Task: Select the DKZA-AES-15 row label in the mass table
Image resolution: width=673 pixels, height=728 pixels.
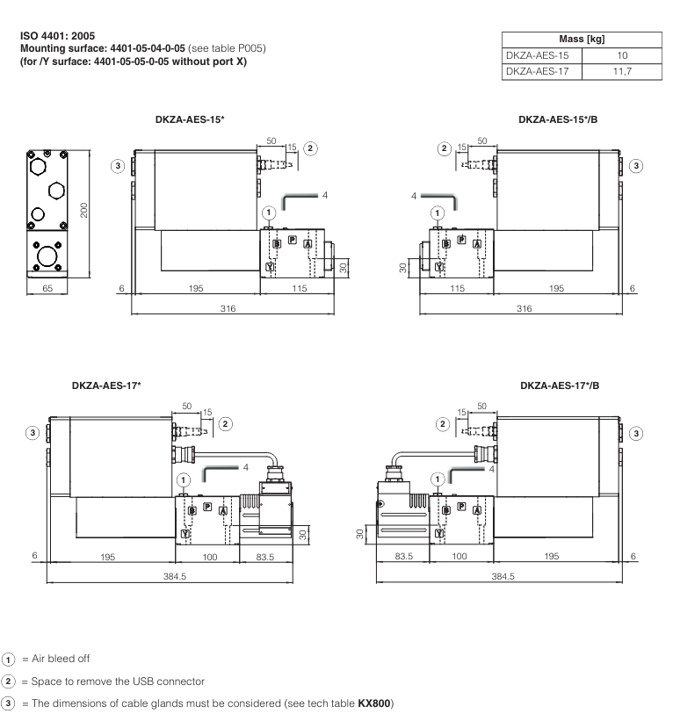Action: click(x=539, y=55)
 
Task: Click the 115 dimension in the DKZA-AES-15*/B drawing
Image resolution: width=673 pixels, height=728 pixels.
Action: click(x=458, y=288)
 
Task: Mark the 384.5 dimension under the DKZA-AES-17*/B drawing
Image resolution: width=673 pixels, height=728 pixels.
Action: click(x=503, y=576)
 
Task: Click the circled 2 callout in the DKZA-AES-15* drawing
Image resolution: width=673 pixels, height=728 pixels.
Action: click(x=310, y=148)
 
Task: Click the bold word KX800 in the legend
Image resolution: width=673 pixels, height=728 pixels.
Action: click(x=375, y=703)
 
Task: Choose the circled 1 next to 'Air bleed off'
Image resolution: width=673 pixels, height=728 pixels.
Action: click(x=9, y=659)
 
